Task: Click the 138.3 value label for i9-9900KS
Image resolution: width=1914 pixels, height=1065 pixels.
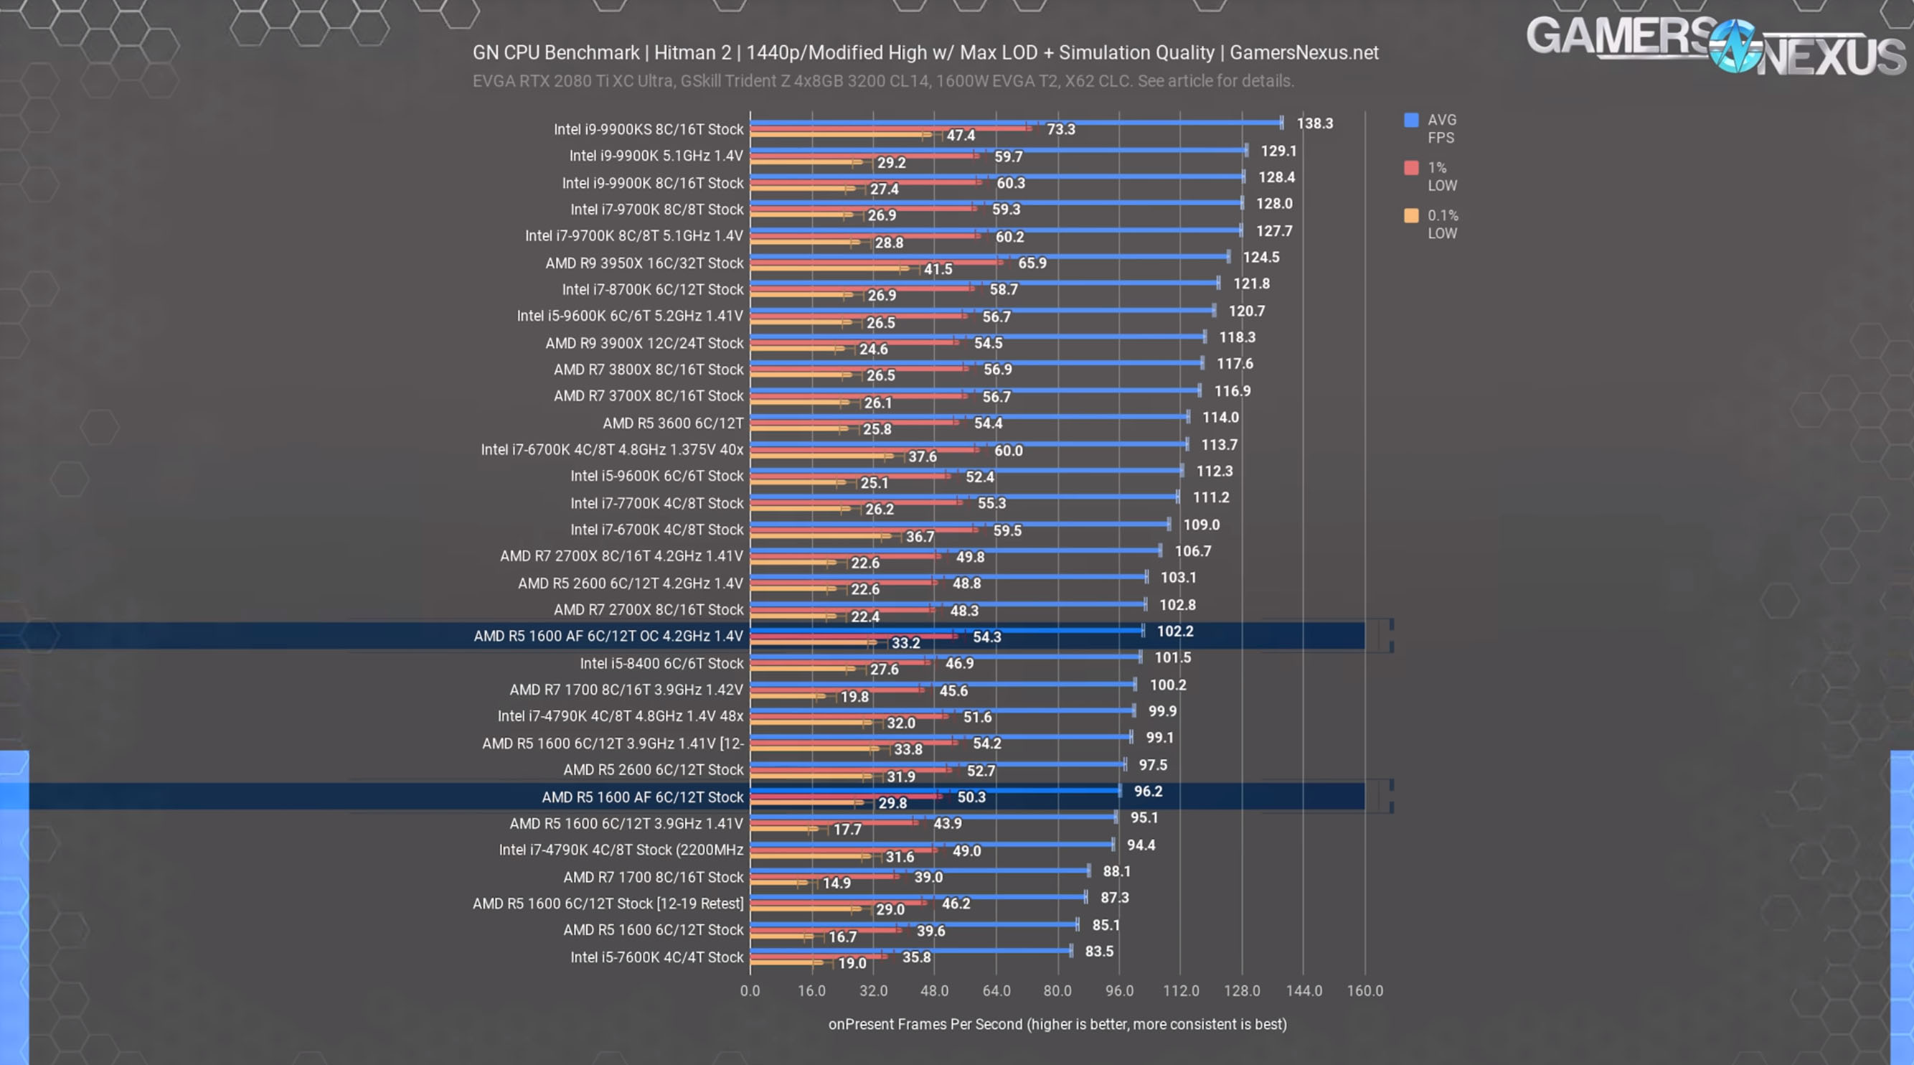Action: pos(1314,123)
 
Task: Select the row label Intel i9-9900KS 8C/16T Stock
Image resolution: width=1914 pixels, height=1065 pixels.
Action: pos(648,129)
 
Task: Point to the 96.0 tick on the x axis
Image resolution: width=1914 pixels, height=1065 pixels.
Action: pos(1119,990)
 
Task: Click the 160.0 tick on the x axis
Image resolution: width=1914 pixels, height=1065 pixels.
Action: pos(1364,990)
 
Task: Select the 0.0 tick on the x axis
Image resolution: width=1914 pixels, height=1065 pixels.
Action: pos(750,990)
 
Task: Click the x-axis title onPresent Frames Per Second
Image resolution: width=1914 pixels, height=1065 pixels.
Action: pos(1057,1024)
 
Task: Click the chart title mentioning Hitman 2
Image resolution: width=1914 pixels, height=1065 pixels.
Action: pos(925,53)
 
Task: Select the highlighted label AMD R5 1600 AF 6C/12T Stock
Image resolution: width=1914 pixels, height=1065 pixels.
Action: pos(642,797)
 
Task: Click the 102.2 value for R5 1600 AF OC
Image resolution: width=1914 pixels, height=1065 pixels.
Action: pos(1174,631)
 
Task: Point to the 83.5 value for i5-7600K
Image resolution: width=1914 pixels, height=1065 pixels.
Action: pos(1099,952)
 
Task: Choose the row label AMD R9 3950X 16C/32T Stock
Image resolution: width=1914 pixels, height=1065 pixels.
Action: pos(643,263)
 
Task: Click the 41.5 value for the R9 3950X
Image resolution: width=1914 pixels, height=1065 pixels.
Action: pos(938,269)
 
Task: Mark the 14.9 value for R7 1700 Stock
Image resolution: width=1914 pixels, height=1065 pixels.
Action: pos(836,883)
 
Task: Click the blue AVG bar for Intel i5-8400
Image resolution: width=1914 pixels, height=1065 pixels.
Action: pos(943,656)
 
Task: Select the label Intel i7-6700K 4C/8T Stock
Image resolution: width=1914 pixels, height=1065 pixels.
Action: pos(656,529)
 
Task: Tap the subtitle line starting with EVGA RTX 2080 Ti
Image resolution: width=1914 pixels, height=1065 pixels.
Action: pos(882,81)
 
